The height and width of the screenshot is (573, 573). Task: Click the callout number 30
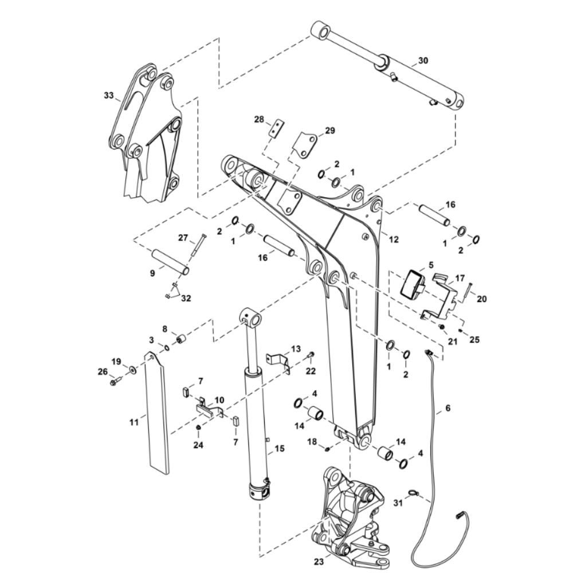click(423, 60)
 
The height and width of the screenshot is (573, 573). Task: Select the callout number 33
click(109, 95)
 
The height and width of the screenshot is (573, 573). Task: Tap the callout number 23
click(319, 562)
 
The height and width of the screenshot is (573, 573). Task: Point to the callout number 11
click(134, 422)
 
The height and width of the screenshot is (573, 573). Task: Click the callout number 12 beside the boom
click(394, 240)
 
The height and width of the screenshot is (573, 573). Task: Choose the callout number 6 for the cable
click(449, 408)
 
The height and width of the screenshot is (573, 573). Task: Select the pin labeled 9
click(170, 262)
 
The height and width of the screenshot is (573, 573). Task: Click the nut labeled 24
click(198, 427)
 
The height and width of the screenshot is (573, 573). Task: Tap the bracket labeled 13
click(278, 362)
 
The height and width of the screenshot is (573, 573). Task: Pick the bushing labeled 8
click(180, 338)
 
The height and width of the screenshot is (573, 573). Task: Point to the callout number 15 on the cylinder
click(279, 449)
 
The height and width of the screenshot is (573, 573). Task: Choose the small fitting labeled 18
click(328, 449)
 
